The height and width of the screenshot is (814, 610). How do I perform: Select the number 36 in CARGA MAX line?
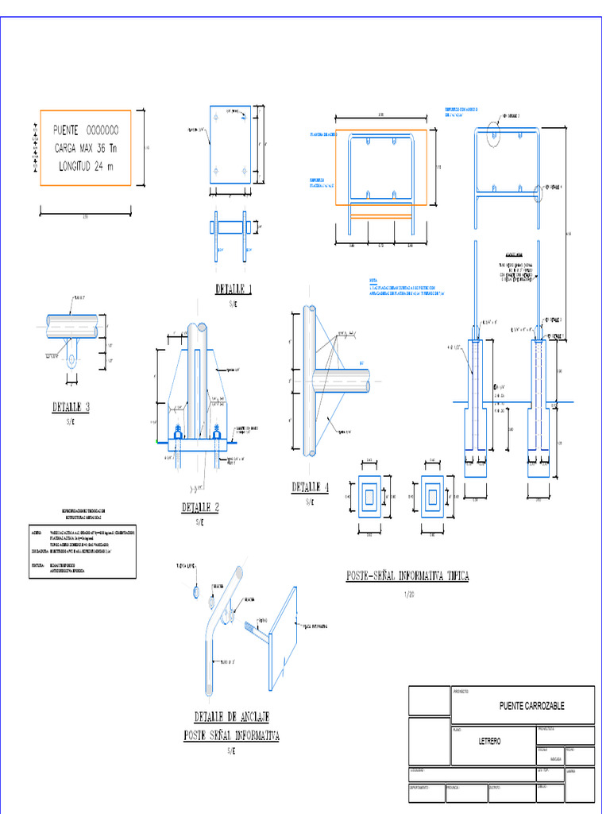point(102,148)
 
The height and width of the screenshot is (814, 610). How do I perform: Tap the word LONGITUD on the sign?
point(76,166)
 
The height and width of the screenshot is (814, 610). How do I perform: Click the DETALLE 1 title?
point(234,289)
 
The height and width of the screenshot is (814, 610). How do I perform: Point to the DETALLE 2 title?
point(200,507)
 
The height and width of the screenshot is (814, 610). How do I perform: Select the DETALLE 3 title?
point(71,407)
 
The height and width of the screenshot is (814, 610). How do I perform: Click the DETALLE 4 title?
point(310,487)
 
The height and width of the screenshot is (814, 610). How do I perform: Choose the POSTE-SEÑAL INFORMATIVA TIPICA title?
point(407,576)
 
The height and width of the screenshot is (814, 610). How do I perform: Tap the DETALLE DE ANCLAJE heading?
point(231,715)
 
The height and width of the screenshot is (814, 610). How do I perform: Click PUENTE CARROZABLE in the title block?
point(531,706)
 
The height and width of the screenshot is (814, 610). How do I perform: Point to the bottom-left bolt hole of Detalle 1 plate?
point(217,170)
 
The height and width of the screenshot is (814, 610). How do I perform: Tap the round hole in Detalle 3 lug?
point(71,361)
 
